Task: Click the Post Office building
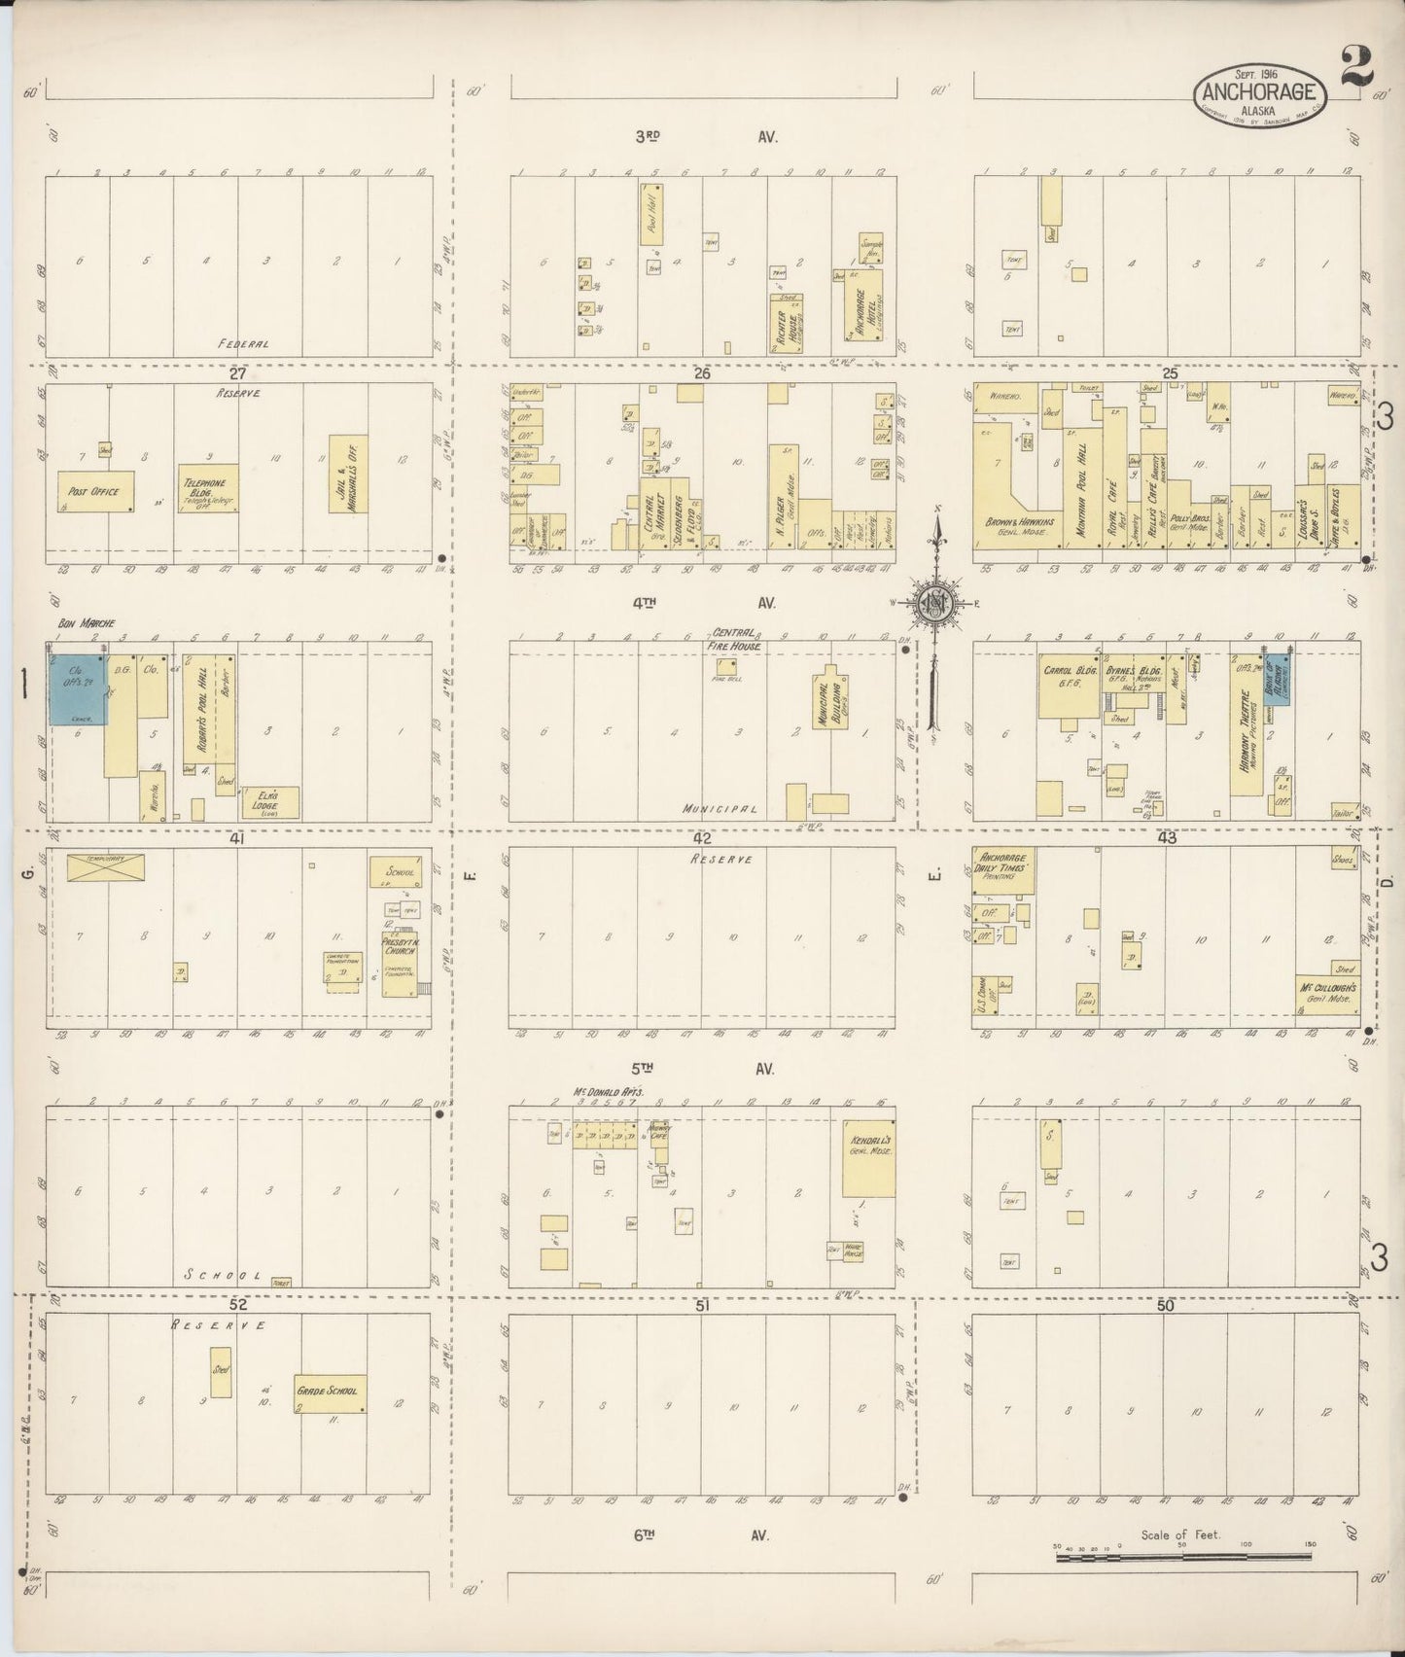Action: click(95, 492)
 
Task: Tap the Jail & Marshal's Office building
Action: click(348, 474)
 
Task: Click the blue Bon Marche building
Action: click(77, 688)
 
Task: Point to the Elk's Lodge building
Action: click(268, 802)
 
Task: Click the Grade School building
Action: click(330, 1393)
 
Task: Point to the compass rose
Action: click(934, 603)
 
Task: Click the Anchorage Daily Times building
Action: click(1004, 869)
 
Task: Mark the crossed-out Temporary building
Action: click(105, 866)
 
